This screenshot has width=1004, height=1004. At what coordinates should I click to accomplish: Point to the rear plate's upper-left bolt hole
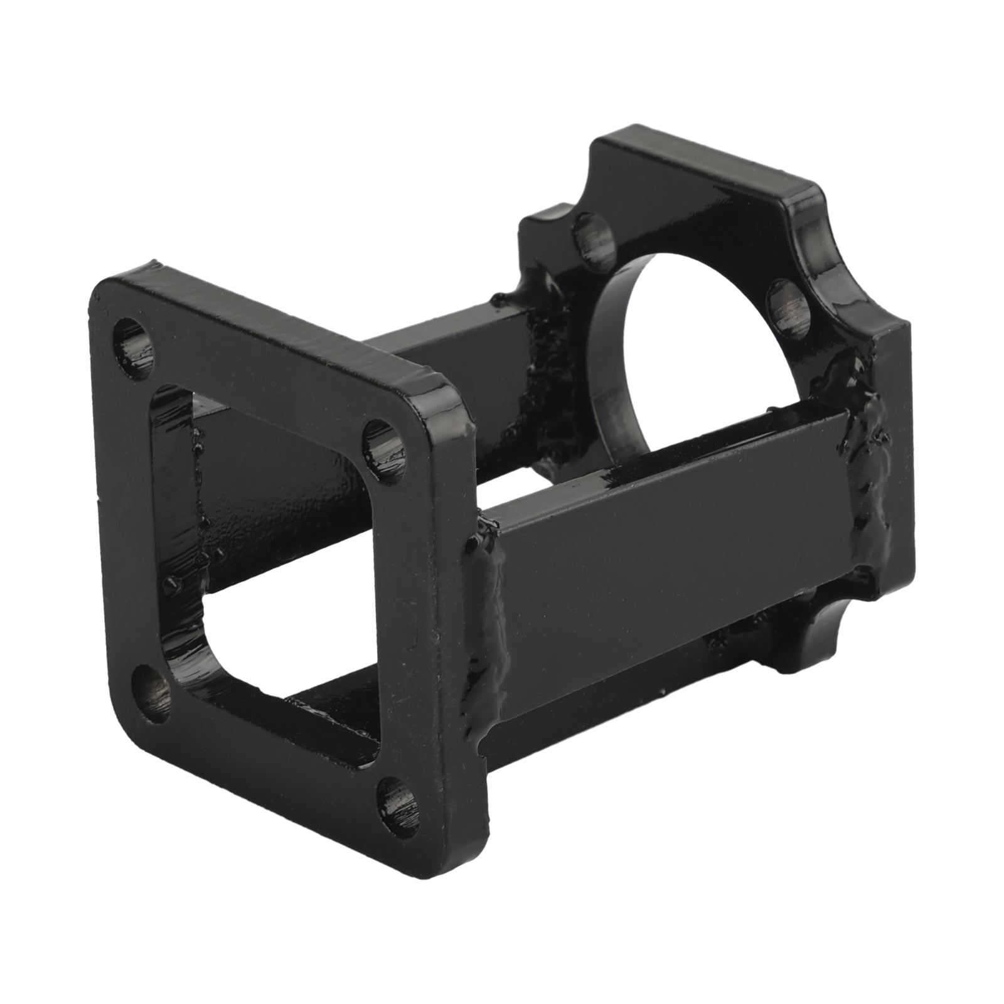593,242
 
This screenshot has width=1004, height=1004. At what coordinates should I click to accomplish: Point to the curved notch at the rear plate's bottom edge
816,634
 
